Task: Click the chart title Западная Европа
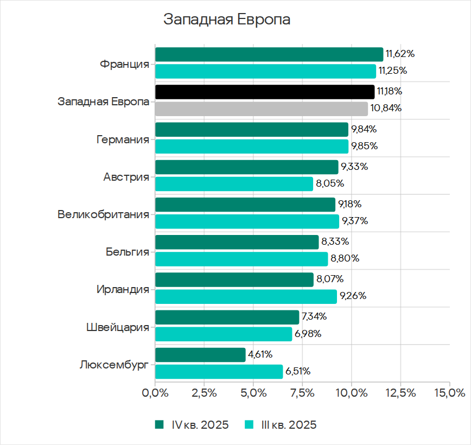coord(227,20)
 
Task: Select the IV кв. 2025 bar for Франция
coord(269,54)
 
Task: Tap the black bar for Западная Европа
coord(264,92)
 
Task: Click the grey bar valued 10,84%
coord(261,109)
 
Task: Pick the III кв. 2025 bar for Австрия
coord(234,184)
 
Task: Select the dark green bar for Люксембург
coord(200,355)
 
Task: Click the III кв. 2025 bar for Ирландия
coord(246,296)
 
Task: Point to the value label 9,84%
coord(364,129)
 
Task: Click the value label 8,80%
coord(345,259)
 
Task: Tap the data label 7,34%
coord(314,317)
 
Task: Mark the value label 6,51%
coord(298,372)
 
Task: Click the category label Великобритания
coord(103,214)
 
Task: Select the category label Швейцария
coord(118,327)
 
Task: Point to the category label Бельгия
coord(128,251)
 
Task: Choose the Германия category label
coord(123,139)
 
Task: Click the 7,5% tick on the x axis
coord(302,392)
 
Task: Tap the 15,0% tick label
coord(449,392)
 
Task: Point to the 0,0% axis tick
coord(155,392)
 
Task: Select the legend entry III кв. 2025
coord(281,425)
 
